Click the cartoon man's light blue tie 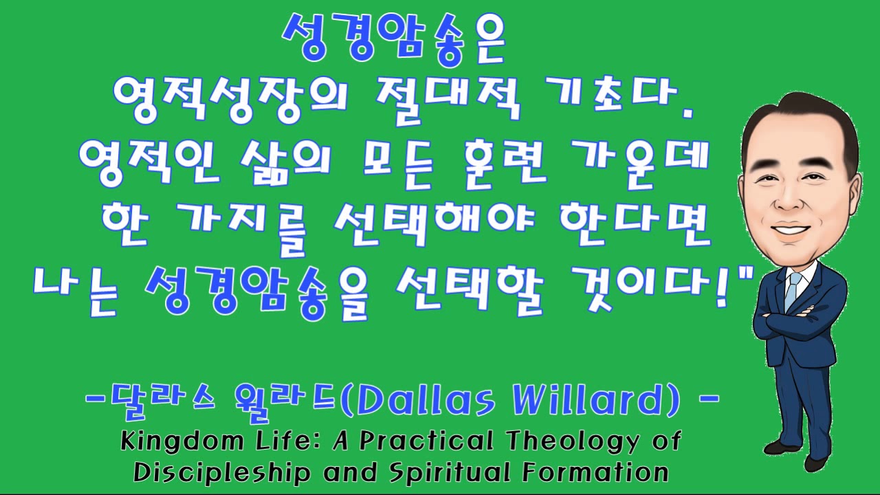point(793,289)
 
